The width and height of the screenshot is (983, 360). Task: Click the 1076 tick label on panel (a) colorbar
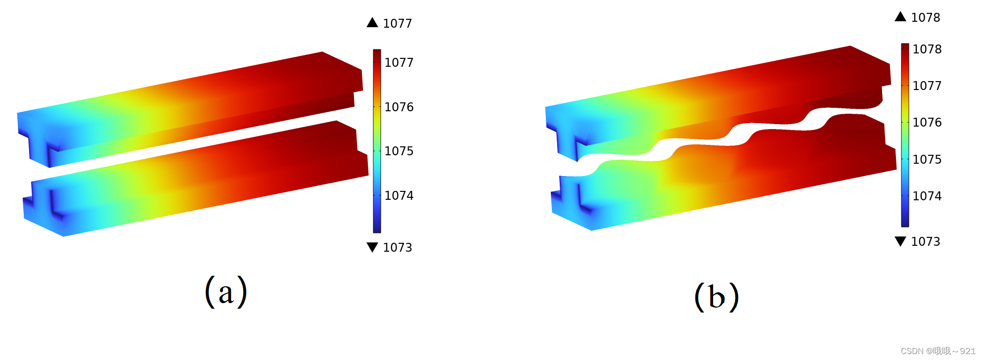click(x=399, y=107)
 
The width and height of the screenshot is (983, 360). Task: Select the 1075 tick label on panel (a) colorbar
click(x=399, y=151)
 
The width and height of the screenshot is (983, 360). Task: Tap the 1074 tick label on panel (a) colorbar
click(x=399, y=195)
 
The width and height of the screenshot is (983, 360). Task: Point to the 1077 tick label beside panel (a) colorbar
click(x=399, y=62)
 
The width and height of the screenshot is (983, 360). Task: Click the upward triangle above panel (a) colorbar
click(x=372, y=22)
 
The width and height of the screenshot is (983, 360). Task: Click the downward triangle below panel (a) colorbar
click(x=372, y=247)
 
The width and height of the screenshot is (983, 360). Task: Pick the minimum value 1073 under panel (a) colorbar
click(x=398, y=247)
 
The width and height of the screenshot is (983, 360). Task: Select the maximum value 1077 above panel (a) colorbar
click(x=398, y=23)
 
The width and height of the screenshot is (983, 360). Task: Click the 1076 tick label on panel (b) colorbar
click(x=927, y=122)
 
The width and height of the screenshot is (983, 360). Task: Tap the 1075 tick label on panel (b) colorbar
click(x=927, y=159)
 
